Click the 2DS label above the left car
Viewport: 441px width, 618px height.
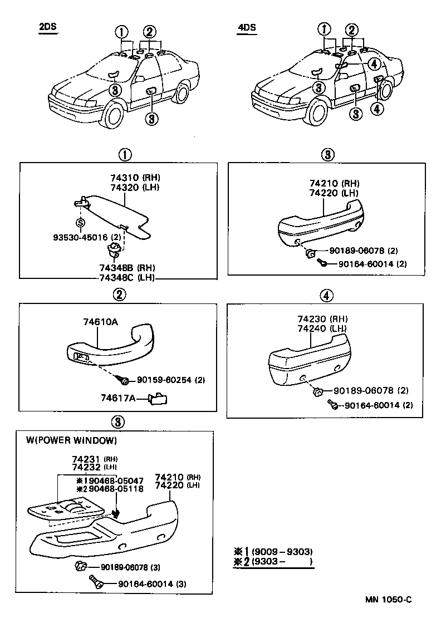click(48, 28)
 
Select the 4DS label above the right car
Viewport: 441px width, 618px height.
click(247, 28)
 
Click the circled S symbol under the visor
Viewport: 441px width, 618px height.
click(80, 222)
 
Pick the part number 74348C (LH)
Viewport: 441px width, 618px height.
click(126, 278)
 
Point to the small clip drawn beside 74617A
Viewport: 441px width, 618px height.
click(159, 398)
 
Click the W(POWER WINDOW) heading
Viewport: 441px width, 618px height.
click(72, 440)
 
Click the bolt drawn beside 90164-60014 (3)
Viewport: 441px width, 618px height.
click(96, 583)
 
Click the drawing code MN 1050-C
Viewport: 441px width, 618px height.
click(388, 599)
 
